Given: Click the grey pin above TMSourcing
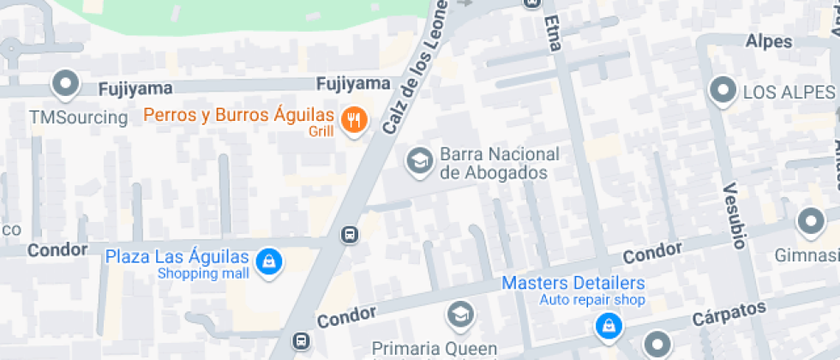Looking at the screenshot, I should click(x=65, y=84).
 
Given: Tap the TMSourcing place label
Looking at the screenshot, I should click(x=78, y=117).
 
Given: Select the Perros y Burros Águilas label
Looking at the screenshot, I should click(x=237, y=115).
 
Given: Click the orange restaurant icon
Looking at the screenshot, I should click(x=352, y=120).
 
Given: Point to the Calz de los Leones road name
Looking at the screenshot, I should click(x=414, y=68).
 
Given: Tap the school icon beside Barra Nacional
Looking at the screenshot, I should click(x=419, y=160).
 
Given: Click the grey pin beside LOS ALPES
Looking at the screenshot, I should click(x=723, y=91).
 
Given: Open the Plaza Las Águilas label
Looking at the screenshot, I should click(x=177, y=256).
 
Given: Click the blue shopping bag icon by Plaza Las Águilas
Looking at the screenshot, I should click(x=269, y=262).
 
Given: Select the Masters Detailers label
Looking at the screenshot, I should click(x=573, y=283).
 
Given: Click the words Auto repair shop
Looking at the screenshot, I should click(x=591, y=300).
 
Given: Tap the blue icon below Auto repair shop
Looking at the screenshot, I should click(x=608, y=326).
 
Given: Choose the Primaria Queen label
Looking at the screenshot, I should click(x=434, y=348).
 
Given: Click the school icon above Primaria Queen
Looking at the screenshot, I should click(x=460, y=315).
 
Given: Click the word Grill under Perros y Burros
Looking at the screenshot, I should click(x=321, y=132).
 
